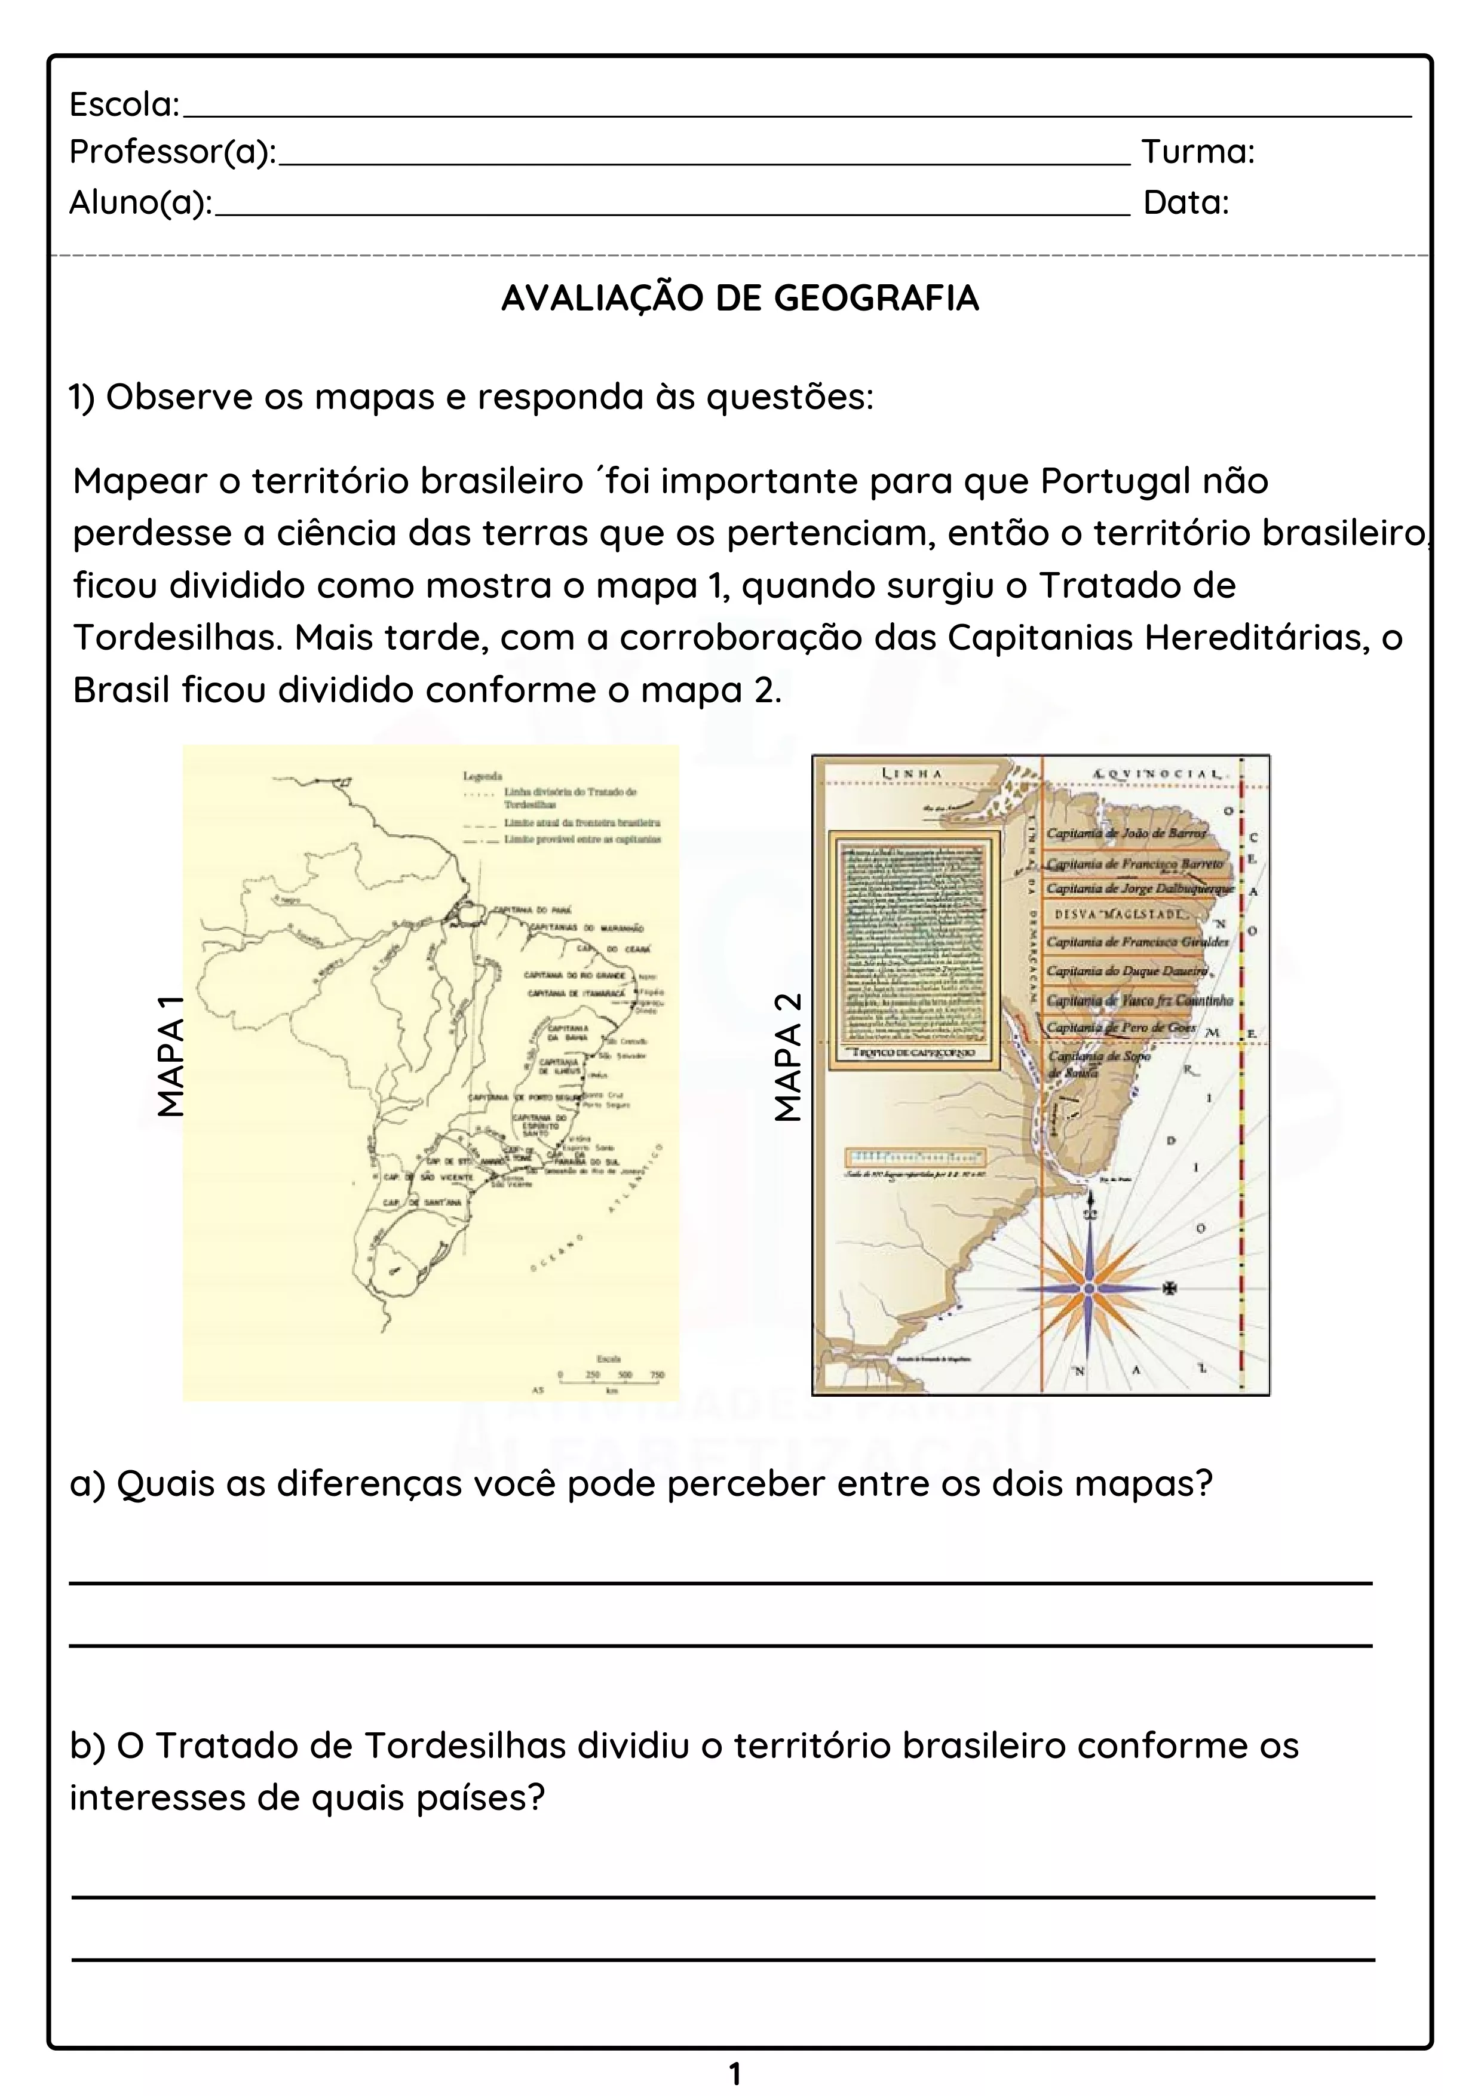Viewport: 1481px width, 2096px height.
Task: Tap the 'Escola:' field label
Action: pyautogui.click(x=125, y=105)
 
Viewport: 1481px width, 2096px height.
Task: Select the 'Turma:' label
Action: pyautogui.click(x=1198, y=152)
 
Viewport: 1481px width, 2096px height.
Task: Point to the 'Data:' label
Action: pyautogui.click(x=1186, y=202)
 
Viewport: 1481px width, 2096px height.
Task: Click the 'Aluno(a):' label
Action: pyautogui.click(x=140, y=202)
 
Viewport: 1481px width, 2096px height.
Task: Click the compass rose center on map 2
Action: pyautogui.click(x=1089, y=1287)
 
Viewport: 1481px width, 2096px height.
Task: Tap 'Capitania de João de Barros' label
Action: pyautogui.click(x=1125, y=832)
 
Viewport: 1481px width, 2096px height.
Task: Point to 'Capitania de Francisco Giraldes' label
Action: pyautogui.click(x=1137, y=941)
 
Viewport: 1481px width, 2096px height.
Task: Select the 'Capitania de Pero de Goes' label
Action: pyautogui.click(x=1121, y=1027)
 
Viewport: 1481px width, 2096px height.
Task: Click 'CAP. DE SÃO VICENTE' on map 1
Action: pyautogui.click(x=427, y=1178)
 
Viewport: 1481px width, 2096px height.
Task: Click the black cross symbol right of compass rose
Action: pyautogui.click(x=1169, y=1288)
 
